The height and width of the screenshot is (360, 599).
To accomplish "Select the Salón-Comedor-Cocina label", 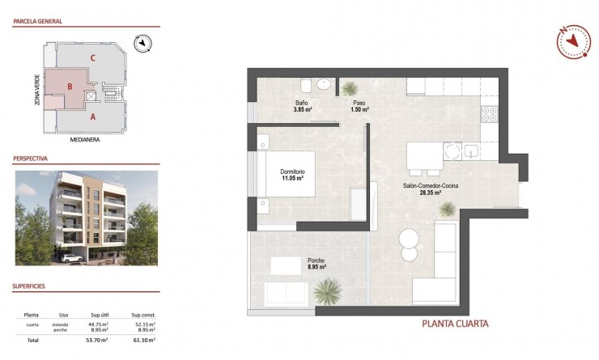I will [x=423, y=189].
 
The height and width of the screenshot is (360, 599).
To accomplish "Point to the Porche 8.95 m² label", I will [x=316, y=263].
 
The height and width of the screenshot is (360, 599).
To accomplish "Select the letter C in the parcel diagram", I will [x=94, y=57].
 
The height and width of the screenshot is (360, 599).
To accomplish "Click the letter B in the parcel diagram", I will [x=70, y=86].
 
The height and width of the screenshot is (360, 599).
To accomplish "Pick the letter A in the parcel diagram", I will [x=93, y=116].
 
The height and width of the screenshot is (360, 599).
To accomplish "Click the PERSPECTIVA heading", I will [x=32, y=159].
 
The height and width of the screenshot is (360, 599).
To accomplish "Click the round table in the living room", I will [x=409, y=239].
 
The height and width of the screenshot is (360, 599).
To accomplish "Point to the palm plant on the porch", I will [x=328, y=289].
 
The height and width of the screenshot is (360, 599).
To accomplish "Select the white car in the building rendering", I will [x=70, y=258].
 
